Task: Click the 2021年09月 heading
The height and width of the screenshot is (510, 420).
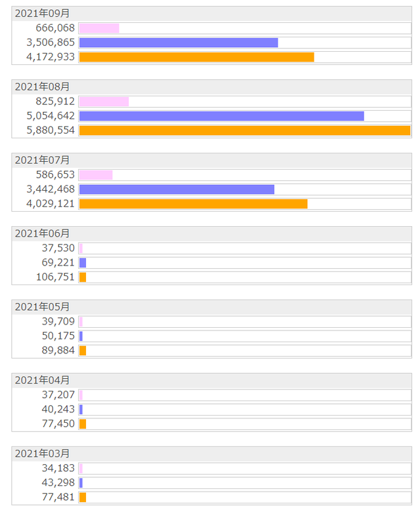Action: click(42, 13)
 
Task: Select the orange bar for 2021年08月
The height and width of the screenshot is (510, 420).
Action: click(244, 130)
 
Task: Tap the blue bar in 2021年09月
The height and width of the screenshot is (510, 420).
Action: click(178, 43)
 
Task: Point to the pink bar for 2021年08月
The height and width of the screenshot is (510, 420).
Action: click(104, 102)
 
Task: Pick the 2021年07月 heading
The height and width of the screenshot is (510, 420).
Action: click(42, 160)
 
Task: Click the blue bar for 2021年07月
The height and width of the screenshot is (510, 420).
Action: click(177, 189)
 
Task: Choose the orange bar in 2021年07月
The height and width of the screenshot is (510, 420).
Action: click(193, 204)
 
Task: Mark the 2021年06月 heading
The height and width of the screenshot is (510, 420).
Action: click(42, 233)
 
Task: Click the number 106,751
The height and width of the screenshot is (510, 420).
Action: click(55, 277)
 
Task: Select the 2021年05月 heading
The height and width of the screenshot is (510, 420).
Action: click(42, 307)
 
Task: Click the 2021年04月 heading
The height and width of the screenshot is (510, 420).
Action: click(42, 380)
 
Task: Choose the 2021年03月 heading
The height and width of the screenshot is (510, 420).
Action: click(42, 454)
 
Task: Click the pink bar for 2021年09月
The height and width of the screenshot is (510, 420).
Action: click(99, 28)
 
